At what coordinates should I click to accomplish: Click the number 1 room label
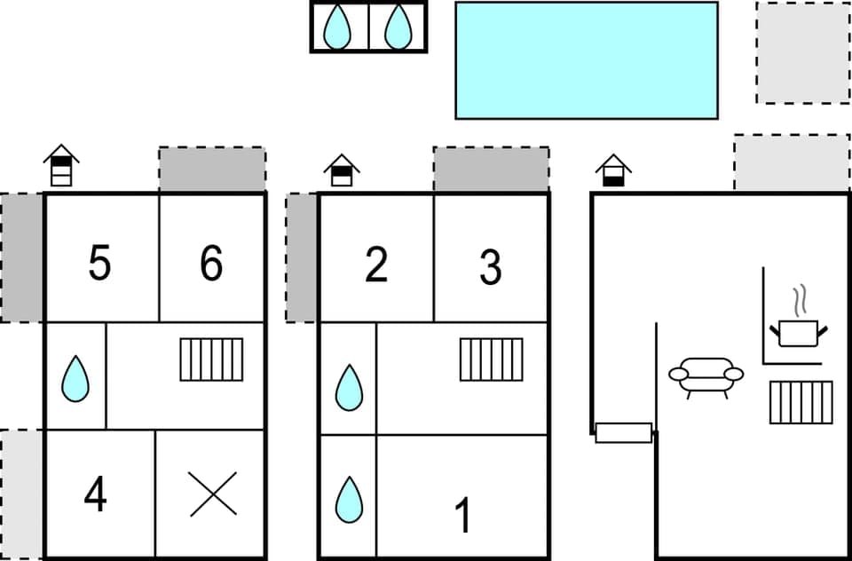coord(462,516)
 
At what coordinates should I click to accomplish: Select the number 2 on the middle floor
coord(376,264)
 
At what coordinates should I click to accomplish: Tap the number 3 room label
coord(490,267)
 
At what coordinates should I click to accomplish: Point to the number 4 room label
coord(96,495)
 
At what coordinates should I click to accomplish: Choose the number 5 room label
coord(99,264)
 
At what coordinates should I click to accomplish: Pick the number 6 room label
coord(211,264)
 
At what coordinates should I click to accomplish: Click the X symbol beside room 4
coord(213,494)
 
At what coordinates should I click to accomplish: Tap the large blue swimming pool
coord(586,59)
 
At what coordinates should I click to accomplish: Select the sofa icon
coord(706,376)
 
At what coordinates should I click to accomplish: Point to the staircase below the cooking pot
coord(801,402)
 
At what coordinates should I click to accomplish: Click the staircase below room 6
coord(211,360)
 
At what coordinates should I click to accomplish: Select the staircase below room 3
coord(491,360)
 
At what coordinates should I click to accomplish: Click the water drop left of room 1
coord(349,499)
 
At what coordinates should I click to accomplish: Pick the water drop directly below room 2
coord(349,388)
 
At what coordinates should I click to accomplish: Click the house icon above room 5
coord(61,165)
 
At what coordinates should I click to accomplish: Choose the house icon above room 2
coord(342,170)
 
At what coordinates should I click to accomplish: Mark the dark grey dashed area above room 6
coord(212,170)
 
